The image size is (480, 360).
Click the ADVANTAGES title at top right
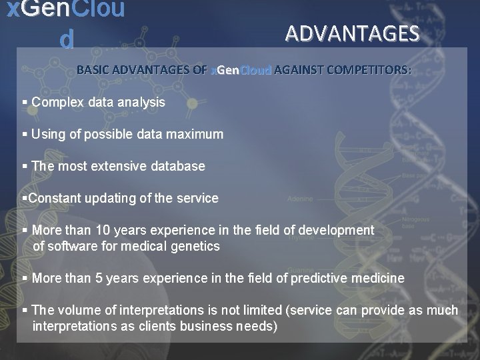[353, 33]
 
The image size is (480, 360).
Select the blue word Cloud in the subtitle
[256, 69]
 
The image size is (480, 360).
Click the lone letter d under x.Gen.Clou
[66, 40]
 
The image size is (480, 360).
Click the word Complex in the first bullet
[55, 103]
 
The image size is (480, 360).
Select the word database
[177, 166]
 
